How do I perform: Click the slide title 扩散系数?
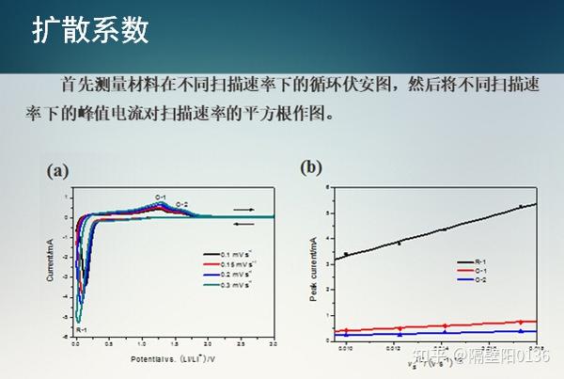91,30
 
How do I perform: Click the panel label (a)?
58,171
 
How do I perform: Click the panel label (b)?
311,167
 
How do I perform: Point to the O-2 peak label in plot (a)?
182,204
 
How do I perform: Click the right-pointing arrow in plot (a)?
243,210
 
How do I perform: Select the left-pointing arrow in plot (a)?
243,223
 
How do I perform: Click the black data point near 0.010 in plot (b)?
346,254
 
